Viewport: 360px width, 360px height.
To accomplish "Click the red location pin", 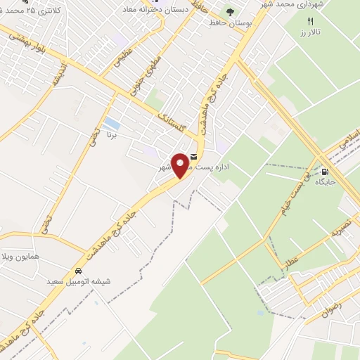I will pyautogui.click(x=181, y=166).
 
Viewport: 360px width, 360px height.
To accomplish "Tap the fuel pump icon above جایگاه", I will pyautogui.click(x=324, y=172).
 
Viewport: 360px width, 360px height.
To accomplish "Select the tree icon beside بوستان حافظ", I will pyautogui.click(x=229, y=12).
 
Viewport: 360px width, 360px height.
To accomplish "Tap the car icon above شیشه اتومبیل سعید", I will pyautogui.click(x=77, y=271).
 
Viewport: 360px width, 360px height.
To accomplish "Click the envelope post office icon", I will pyautogui.click(x=194, y=157).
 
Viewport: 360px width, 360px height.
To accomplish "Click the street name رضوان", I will pyautogui.click(x=325, y=306).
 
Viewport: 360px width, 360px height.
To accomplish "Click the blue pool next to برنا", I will pyautogui.click(x=110, y=129).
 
